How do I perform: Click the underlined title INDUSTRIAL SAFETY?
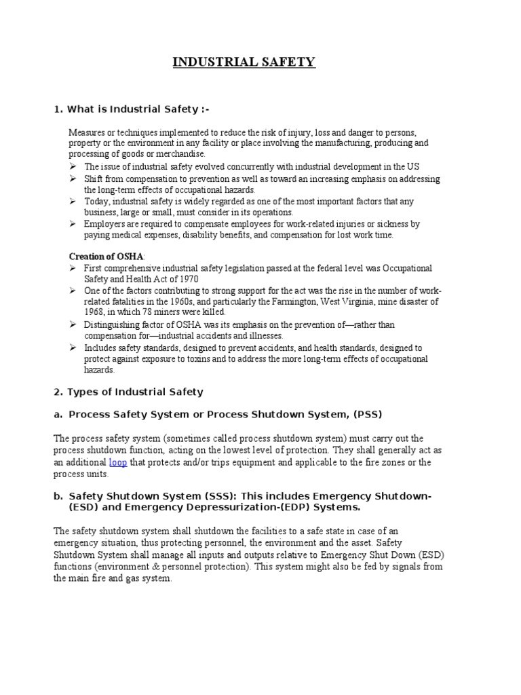pos(244,62)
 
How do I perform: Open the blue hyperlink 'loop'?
pos(118,462)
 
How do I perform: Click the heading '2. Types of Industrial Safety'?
pos(128,392)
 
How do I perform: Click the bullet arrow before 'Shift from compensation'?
pos(73,179)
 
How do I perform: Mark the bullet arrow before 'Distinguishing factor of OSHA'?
pos(73,325)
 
